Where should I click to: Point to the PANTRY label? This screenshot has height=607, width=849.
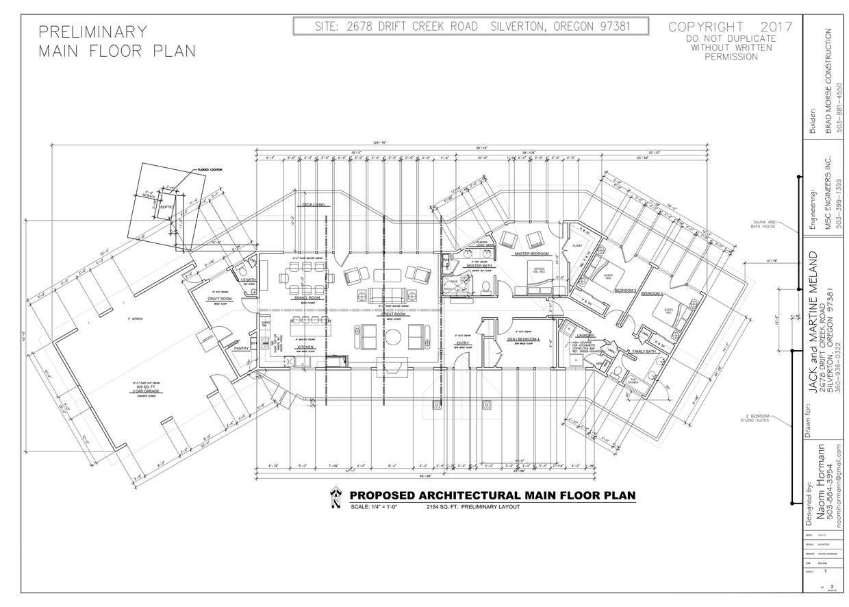(x=241, y=349)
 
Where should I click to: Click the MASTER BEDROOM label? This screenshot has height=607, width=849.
(x=528, y=253)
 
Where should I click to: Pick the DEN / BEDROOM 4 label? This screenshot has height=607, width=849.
(x=524, y=339)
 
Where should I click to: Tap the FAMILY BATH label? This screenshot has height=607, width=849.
(x=645, y=351)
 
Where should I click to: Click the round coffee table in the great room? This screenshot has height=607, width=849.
(x=392, y=336)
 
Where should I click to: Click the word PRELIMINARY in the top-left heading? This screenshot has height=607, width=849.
(x=92, y=32)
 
